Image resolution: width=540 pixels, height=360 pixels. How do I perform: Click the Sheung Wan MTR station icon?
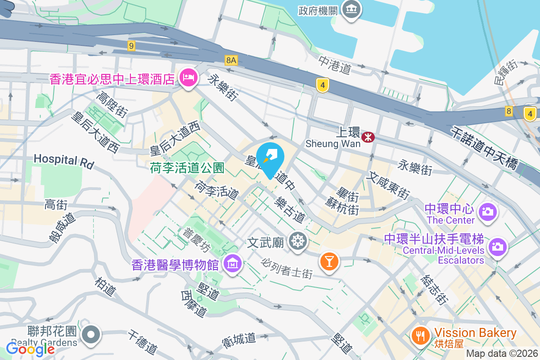point(368,137)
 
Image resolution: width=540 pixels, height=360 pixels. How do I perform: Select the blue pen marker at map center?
point(270,157)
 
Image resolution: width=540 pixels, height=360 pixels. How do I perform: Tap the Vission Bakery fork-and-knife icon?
point(420,335)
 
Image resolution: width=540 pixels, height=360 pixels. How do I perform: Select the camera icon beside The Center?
point(488,211)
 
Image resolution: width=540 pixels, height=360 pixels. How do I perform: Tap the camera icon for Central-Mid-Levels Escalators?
point(497,246)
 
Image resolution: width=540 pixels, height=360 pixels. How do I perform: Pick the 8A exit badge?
point(231,60)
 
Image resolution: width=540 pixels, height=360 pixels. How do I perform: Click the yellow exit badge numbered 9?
point(131,45)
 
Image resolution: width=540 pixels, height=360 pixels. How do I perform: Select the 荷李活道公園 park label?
point(187,168)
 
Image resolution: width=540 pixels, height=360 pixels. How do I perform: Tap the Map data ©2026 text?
point(501,353)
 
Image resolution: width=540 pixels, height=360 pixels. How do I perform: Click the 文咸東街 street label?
point(387,185)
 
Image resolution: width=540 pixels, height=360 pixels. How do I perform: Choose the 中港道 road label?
point(334,65)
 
